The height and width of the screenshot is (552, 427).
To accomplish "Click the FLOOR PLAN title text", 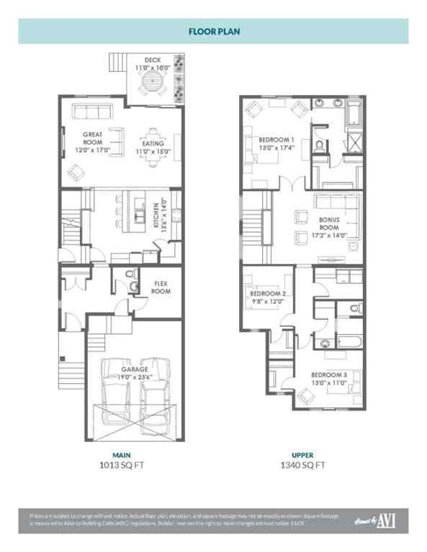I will [x=213, y=32].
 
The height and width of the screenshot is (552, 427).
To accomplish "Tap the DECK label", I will [x=152, y=60].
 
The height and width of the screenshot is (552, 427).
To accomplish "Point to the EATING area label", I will [x=153, y=132].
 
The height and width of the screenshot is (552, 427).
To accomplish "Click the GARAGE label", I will [x=135, y=369].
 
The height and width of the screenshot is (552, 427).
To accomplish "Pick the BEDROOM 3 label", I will [x=329, y=375].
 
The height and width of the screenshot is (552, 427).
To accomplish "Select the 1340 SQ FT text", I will [x=303, y=465].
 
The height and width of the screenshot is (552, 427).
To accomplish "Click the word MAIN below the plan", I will [x=121, y=455].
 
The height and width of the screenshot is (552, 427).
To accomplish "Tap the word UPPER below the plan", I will [x=302, y=455].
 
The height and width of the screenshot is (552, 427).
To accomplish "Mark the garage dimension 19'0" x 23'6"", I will [x=135, y=377].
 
